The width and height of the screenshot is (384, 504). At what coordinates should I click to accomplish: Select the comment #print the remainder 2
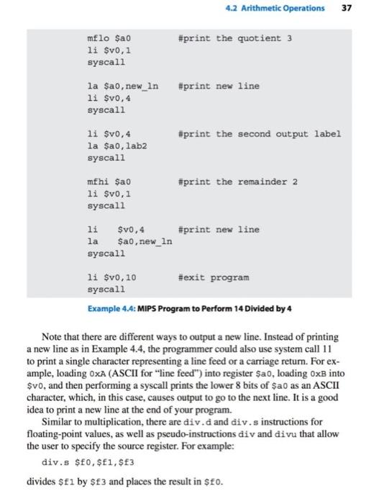[237, 182]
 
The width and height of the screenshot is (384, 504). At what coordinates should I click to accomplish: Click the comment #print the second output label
[259, 134]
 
